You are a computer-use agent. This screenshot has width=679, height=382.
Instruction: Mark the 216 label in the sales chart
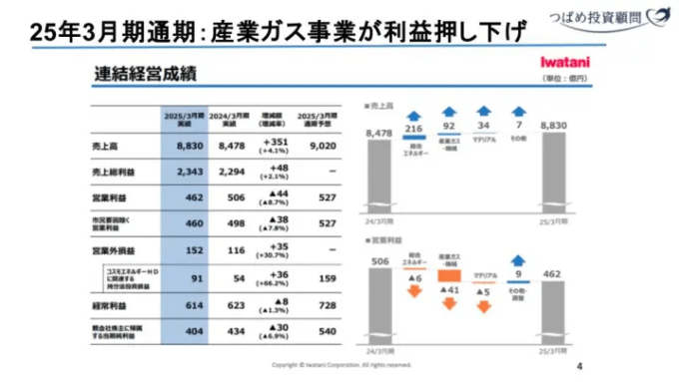[x=415, y=128]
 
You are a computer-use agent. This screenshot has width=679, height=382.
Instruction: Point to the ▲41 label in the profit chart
[x=449, y=289]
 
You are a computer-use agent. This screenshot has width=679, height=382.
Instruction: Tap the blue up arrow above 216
[x=415, y=112]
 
